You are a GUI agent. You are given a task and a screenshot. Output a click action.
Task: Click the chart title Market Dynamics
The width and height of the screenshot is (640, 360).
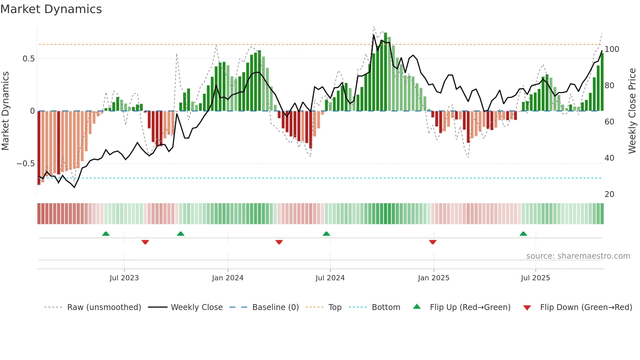pyautogui.click(x=51, y=9)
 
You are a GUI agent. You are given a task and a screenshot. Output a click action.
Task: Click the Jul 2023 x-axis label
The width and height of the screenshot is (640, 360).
pyautogui.click(x=124, y=278)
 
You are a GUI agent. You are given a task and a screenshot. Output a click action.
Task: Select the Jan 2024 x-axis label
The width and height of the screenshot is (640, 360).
pyautogui.click(x=228, y=278)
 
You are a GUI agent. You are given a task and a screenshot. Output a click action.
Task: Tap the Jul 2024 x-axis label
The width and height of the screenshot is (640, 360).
pyautogui.click(x=330, y=278)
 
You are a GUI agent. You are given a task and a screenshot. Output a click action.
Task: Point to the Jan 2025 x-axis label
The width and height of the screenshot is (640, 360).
pyautogui.click(x=434, y=278)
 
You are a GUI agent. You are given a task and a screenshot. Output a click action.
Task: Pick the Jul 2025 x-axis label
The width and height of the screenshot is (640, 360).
pyautogui.click(x=536, y=278)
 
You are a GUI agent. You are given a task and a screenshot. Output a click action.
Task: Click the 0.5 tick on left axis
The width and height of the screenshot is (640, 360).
pyautogui.click(x=29, y=59)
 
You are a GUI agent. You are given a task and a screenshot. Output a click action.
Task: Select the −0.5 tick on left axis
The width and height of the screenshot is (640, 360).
pyautogui.click(x=26, y=164)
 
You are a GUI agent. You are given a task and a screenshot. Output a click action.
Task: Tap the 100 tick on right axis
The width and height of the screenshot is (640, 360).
pyautogui.click(x=612, y=49)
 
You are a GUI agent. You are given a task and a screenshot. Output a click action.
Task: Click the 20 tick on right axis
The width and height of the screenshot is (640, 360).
pyautogui.click(x=609, y=194)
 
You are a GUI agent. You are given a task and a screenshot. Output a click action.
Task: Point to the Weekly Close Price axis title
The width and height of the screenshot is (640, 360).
pyautogui.click(x=632, y=111)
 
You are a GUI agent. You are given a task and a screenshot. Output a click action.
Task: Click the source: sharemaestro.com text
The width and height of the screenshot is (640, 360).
pyautogui.click(x=578, y=256)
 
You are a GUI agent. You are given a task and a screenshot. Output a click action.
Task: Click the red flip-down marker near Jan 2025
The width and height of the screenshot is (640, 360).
pyautogui.click(x=433, y=242)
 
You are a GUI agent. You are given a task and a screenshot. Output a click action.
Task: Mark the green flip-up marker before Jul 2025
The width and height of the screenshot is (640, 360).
pyautogui.click(x=523, y=234)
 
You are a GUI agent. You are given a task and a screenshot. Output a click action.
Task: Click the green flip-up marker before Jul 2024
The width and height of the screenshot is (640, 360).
pyautogui.click(x=326, y=234)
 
